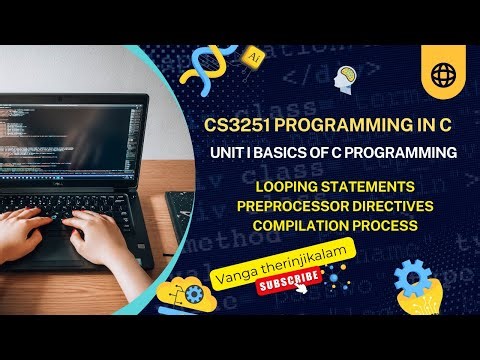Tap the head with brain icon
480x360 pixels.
pos(347,77)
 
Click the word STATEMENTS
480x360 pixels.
pos(376,188)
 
